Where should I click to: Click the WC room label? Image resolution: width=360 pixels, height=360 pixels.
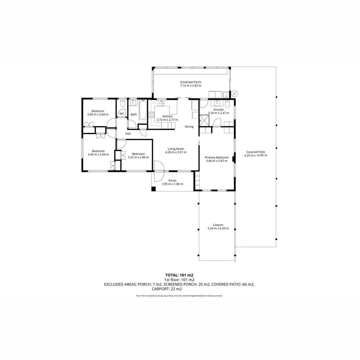122,114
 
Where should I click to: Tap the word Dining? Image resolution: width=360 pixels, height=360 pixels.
189,127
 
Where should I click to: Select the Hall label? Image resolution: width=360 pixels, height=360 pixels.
128,134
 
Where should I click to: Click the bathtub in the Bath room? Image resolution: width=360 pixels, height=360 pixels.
143,110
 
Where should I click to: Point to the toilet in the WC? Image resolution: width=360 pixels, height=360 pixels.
122,104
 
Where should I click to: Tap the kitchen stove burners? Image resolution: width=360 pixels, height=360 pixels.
151,115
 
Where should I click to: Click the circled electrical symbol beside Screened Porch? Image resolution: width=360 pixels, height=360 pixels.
234,94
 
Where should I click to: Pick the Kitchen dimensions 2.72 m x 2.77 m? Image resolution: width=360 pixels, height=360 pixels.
167,120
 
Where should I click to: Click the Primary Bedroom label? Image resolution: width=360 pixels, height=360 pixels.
217,157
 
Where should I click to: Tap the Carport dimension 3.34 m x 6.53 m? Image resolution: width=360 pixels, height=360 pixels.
218,229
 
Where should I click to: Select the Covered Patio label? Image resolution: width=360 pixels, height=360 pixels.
255,152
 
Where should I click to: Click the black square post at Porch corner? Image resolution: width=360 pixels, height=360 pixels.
153,189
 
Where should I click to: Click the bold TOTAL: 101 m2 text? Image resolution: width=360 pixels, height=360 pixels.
179,275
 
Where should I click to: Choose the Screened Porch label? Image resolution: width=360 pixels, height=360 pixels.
191,82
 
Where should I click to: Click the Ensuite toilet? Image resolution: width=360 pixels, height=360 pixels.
227,104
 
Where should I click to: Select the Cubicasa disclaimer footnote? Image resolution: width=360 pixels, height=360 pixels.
179,296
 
